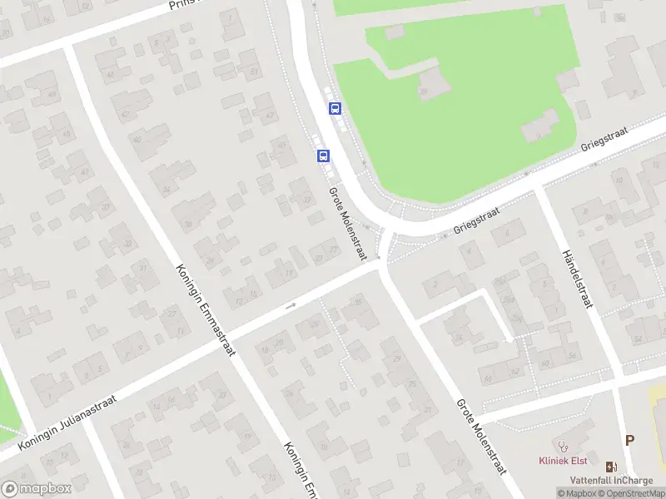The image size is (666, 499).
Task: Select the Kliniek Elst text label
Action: pyautogui.click(x=563, y=461)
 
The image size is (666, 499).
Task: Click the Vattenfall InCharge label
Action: pyautogui.click(x=612, y=480)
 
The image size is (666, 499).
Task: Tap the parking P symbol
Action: pyautogui.click(x=629, y=441)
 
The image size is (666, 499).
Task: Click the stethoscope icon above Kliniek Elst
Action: pyautogui.click(x=564, y=446)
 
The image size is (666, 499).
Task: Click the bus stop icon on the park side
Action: pyautogui.click(x=335, y=108)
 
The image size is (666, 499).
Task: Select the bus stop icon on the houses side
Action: pyautogui.click(x=323, y=155)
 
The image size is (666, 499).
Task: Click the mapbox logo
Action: pyautogui.click(x=37, y=489)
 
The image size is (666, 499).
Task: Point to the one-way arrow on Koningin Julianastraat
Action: pyautogui.click(x=291, y=306)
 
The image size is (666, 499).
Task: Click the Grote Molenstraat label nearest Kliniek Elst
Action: pyautogui.click(x=481, y=436)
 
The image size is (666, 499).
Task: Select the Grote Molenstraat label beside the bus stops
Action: pyautogui.click(x=347, y=211)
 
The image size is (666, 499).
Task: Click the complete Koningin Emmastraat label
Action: pyautogui.click(x=206, y=309)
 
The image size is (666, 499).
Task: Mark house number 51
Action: pyautogui.click(x=253, y=71)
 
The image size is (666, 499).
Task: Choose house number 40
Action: pyautogui.click(x=138, y=140)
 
